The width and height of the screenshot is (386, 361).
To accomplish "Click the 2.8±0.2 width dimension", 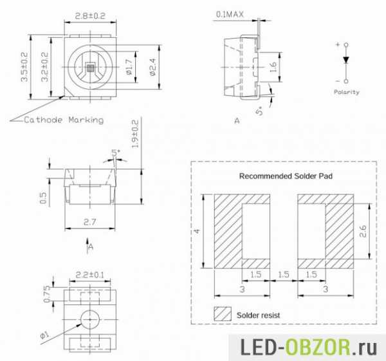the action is (90, 15).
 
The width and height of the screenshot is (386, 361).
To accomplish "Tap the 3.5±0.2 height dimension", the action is (24, 67).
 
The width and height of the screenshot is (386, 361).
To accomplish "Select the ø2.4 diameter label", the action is (152, 67).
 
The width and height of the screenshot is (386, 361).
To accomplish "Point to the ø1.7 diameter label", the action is (129, 67).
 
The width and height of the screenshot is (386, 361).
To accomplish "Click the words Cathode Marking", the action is (64, 120).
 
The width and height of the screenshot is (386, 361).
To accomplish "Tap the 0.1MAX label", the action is (230, 14).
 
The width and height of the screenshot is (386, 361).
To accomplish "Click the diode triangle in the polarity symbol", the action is (346, 60).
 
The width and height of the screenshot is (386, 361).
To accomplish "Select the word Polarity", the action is (346, 92).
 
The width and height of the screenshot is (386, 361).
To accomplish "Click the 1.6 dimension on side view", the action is (273, 67).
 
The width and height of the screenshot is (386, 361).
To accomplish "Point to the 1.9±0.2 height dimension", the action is (135, 134).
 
